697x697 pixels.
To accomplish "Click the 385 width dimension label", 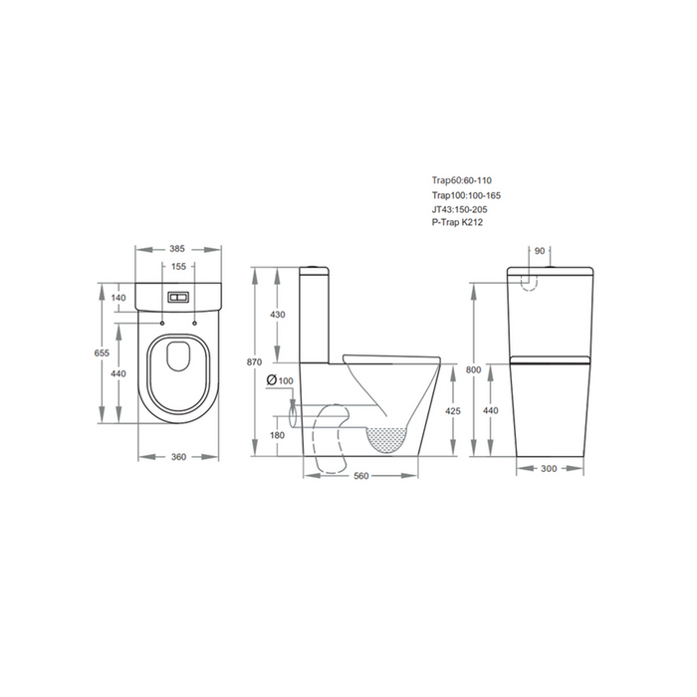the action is click(177, 249).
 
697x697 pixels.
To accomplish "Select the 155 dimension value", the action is click(178, 267).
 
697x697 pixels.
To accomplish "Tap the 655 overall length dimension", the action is click(102, 352).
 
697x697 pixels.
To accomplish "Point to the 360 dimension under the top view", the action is click(178, 457).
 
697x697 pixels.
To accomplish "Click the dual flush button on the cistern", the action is click(178, 298).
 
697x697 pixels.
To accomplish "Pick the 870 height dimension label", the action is click(254, 362).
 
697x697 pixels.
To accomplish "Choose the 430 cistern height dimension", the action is click(278, 315).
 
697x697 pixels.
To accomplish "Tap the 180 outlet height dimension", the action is click(278, 435).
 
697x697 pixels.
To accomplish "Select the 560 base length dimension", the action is click(361, 476).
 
